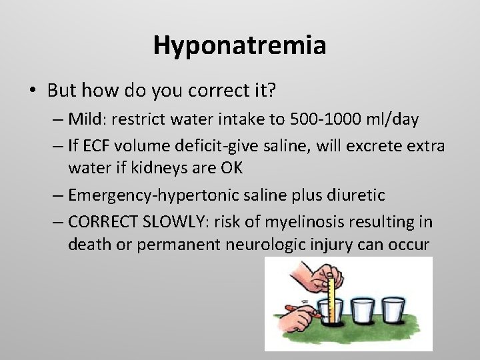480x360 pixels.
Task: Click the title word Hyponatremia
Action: [x=239, y=46]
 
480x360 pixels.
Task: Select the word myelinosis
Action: [x=299, y=221]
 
